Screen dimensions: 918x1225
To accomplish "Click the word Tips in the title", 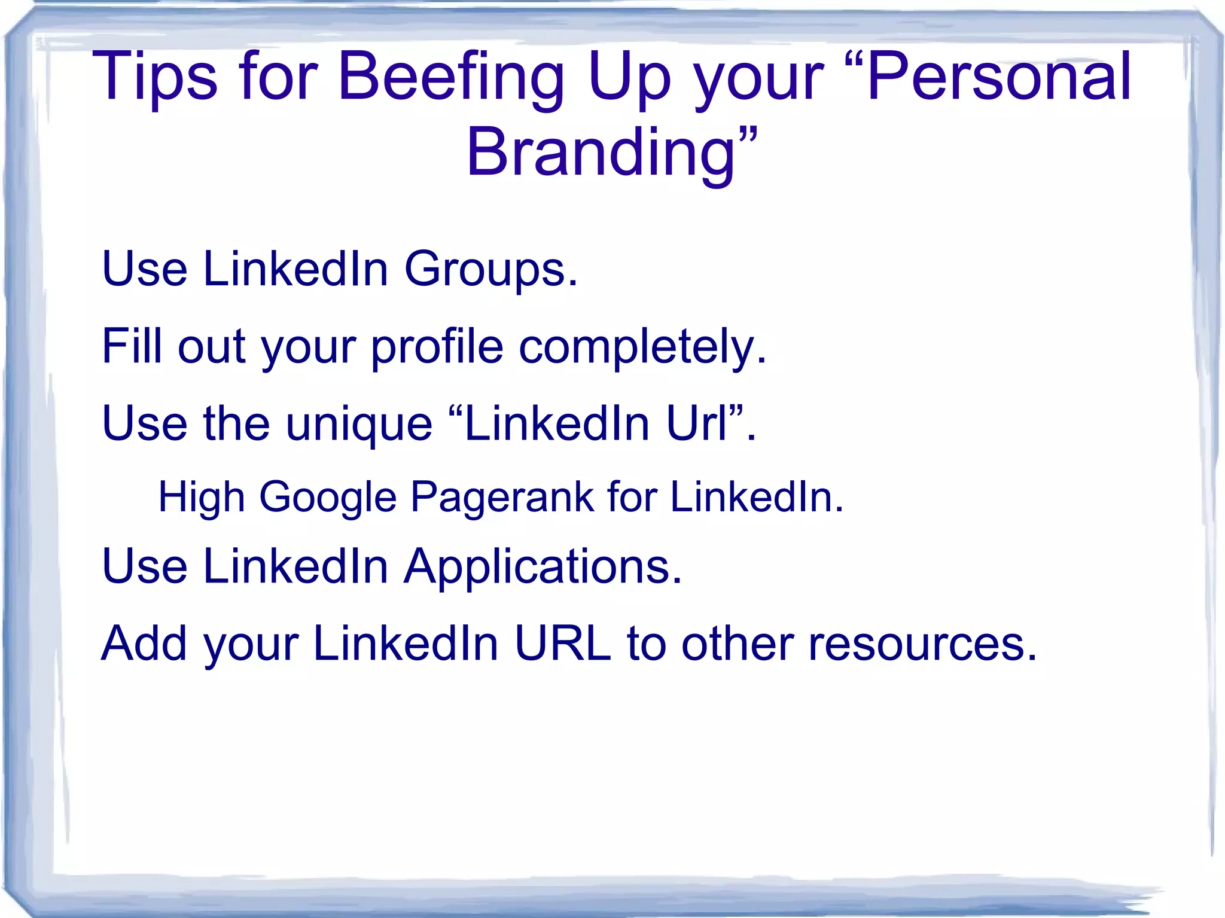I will tap(155, 78).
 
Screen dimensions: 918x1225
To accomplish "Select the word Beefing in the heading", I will tap(451, 78).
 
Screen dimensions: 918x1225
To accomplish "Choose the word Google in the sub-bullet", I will tap(328, 498).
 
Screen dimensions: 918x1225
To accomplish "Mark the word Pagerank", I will tap(501, 498).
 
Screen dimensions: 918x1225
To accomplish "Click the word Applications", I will tap(543, 567).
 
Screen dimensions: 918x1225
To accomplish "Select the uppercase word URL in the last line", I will tap(563, 644).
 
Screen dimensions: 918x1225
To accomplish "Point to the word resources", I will tap(922, 645).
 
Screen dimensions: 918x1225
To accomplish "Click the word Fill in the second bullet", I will tap(132, 347).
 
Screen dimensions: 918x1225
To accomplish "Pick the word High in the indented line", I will tap(201, 498).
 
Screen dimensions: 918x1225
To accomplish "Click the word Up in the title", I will tap(629, 78).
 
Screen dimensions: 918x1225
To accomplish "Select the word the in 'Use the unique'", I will tap(236, 423).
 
